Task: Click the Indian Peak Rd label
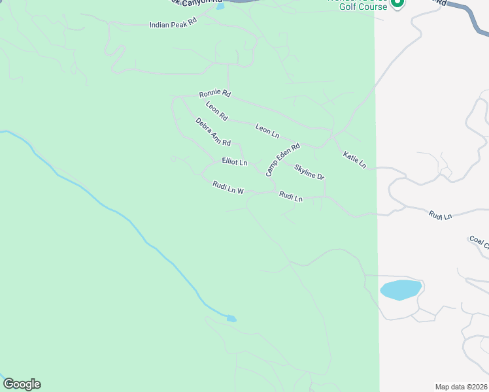pyautogui.click(x=173, y=24)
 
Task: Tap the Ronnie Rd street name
pyautogui.click(x=215, y=93)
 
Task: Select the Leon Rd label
pyautogui.click(x=216, y=112)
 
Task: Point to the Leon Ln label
pyautogui.click(x=267, y=130)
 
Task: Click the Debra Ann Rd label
pyautogui.click(x=213, y=132)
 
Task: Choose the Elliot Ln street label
pyautogui.click(x=235, y=161)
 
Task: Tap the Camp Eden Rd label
pyautogui.click(x=282, y=159)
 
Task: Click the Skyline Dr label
pyautogui.click(x=309, y=172)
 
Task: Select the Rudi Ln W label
pyautogui.click(x=228, y=188)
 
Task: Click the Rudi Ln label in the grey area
pyautogui.click(x=440, y=214)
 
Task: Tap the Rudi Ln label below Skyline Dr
pyautogui.click(x=291, y=196)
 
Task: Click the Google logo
pyautogui.click(x=22, y=384)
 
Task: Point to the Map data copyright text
pyautogui.click(x=461, y=387)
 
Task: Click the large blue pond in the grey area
pyautogui.click(x=400, y=289)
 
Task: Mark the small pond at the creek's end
pyautogui.click(x=231, y=319)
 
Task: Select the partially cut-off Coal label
pyautogui.click(x=479, y=242)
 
